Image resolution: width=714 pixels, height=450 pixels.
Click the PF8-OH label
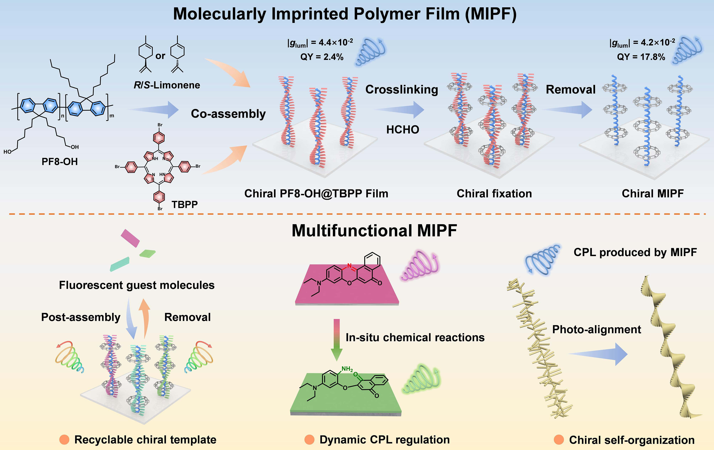point(60,162)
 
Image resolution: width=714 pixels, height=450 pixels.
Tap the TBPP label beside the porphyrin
point(184,204)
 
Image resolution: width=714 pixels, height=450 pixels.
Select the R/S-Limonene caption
point(167,85)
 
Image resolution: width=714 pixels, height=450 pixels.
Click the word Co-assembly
point(228,114)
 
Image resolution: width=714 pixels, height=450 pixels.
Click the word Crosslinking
point(401,89)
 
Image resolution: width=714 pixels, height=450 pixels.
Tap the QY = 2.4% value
point(322,57)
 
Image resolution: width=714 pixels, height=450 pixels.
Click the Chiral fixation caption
point(494,193)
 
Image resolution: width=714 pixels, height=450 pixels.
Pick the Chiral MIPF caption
point(653,193)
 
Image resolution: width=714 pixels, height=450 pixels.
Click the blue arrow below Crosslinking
point(400,110)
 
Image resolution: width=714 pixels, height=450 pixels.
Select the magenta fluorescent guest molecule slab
point(130,238)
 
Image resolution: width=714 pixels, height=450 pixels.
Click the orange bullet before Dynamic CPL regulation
point(309,440)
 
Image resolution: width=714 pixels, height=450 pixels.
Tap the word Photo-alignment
point(597,329)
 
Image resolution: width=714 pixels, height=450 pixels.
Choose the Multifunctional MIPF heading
point(374,231)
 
